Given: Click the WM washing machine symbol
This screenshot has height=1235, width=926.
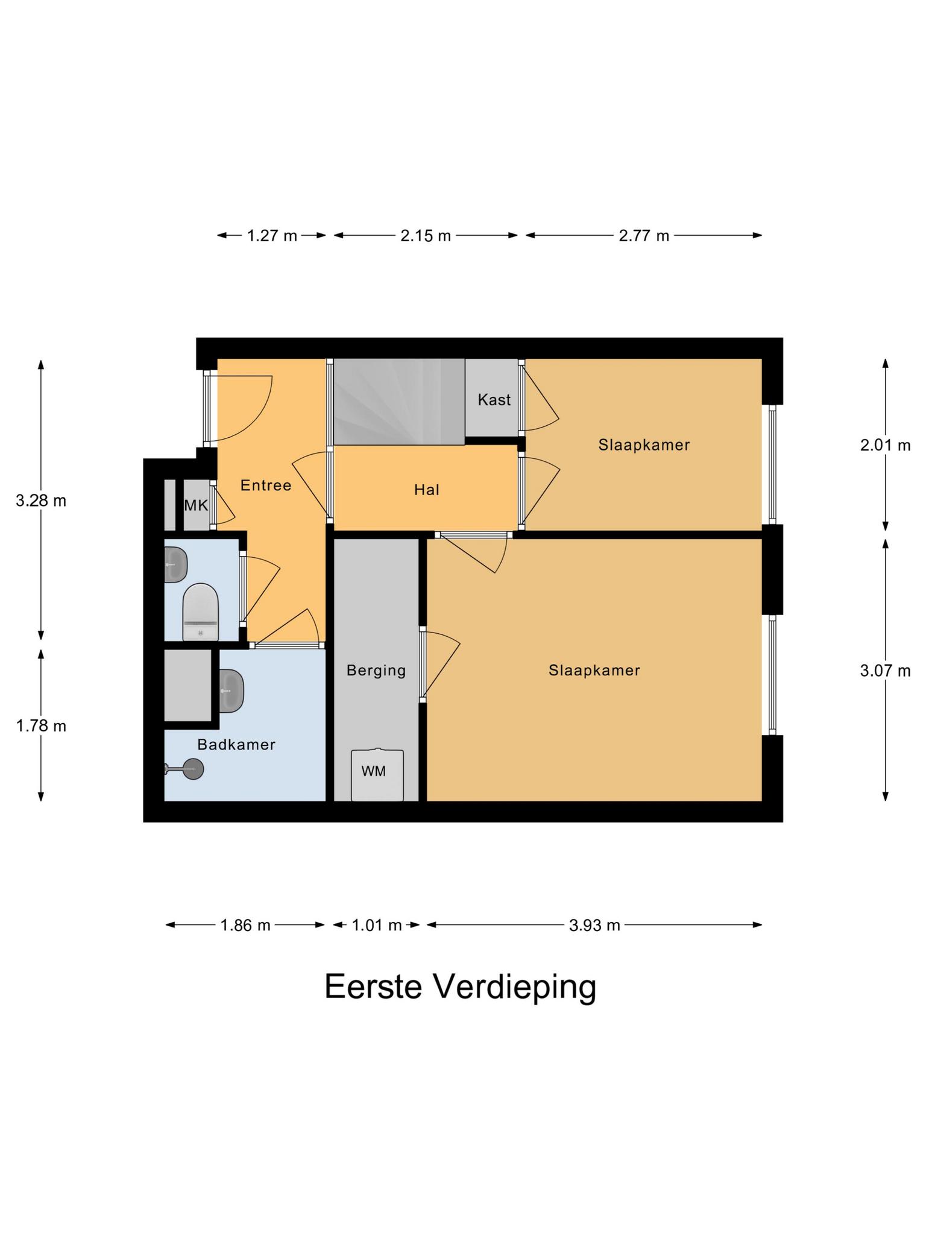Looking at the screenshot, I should coord(377,775).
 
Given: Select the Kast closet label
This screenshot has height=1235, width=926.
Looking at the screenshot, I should coord(494,400).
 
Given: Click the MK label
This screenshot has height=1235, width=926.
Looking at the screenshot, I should coord(196,505).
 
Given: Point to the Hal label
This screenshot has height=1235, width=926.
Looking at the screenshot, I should coord(426,490).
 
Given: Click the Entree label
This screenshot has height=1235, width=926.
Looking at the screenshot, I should coord(266,485).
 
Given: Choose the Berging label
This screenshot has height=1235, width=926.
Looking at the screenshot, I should coord(376,670).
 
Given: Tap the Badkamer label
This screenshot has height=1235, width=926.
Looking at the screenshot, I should coord(236,745).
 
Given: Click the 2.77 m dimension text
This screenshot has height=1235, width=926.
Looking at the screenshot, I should coord(644,236).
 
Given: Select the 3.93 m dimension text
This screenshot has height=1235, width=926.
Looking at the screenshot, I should coord(594,925).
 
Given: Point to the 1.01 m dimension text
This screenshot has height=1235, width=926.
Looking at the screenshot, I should coord(376,925).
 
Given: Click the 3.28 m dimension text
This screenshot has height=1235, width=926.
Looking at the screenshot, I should coord(41,501).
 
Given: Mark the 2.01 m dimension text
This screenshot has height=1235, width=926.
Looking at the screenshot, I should coord(885,446).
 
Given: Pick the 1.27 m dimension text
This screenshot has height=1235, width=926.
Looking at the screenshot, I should coord(272,236).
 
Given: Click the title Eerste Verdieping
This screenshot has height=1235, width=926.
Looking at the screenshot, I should coord(460,987).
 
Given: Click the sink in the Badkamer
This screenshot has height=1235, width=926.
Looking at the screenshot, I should coord(231,690).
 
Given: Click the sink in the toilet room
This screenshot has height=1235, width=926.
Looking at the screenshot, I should coord(175,564).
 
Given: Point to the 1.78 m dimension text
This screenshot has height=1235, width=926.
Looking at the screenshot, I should coord(41,726).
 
